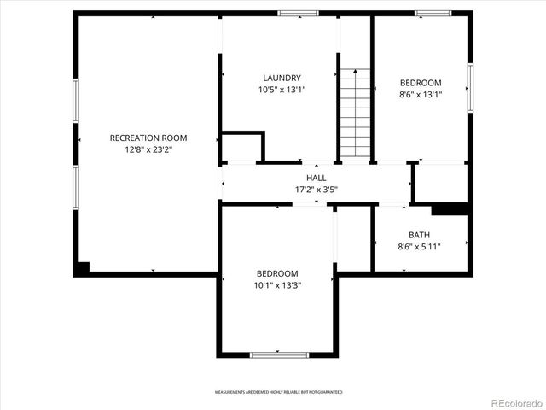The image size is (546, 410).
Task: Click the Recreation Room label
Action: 148,138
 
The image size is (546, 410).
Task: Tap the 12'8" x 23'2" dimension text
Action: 148,149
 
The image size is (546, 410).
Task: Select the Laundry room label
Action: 282,78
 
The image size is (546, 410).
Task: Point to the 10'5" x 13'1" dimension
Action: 282,89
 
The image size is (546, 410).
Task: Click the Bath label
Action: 419,235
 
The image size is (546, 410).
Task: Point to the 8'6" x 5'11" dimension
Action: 419,246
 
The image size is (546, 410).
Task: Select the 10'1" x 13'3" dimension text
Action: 278,284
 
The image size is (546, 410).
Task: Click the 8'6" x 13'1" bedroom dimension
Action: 421,94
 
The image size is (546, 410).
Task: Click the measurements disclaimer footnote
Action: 278,392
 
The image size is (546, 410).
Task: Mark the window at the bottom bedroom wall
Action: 279,354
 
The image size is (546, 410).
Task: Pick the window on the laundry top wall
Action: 299,13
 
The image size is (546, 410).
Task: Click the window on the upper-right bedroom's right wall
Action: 469,86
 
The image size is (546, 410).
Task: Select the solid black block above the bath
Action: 450,208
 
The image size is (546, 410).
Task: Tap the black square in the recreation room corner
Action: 82,267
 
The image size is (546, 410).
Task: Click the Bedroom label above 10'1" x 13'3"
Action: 278,273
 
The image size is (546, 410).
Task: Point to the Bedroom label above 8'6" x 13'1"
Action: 421,83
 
